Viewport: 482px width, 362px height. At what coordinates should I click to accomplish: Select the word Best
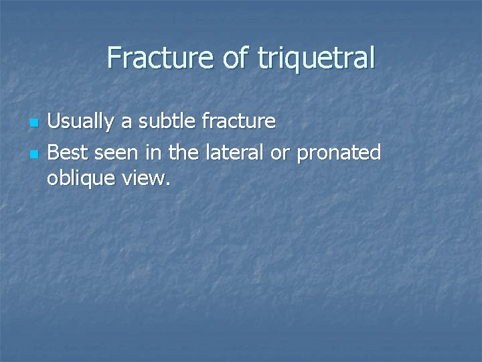[x=68, y=153]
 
